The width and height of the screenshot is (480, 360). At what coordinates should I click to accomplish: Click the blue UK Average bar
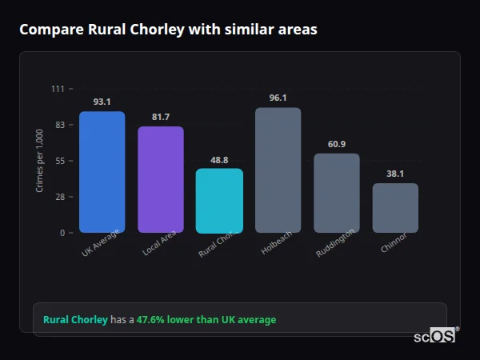102,172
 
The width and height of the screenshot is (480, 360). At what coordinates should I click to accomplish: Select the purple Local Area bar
160,179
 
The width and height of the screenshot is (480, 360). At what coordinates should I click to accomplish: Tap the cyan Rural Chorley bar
219,201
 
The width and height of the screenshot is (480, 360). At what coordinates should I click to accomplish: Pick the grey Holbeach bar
278,170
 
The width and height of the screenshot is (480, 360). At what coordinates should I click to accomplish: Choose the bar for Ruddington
336,193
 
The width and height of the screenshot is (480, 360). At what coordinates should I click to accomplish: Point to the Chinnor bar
395,208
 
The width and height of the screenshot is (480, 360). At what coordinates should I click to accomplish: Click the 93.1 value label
102,102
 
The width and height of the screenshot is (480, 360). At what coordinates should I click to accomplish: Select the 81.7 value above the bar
160,117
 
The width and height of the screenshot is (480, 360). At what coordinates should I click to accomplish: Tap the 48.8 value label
219,160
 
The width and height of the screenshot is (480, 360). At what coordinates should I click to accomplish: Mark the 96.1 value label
278,98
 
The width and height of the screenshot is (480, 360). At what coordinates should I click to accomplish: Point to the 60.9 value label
336,144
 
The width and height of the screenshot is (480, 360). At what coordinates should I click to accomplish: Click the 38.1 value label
395,174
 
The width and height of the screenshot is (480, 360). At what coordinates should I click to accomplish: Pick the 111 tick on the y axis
58,89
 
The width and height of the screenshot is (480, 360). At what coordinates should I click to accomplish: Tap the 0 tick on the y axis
62,233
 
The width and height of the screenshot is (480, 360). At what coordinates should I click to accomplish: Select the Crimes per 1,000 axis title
40,161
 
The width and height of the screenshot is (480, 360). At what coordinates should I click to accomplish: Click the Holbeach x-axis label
273,244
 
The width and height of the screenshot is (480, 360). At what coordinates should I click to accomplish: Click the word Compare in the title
50,30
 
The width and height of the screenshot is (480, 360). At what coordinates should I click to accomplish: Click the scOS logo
435,336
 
